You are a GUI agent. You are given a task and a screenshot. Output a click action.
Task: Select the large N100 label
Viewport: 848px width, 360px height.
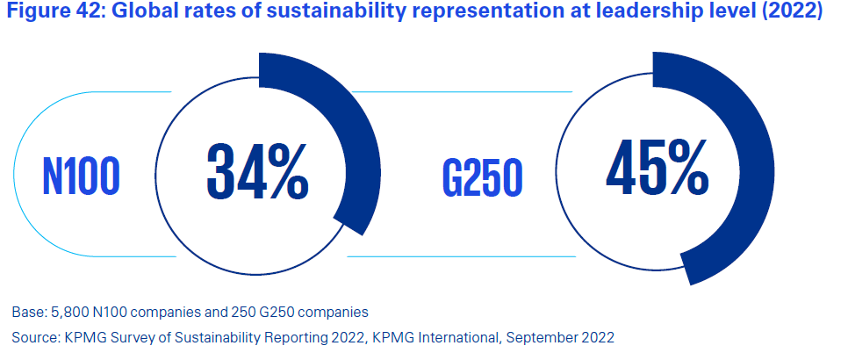coord(80,176)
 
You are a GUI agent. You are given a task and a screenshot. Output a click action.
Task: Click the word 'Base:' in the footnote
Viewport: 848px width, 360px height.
coord(27,312)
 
